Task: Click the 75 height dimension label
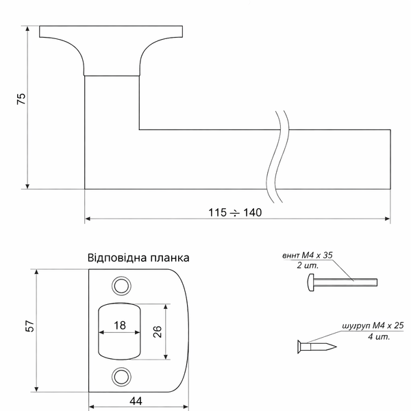coord(21,99)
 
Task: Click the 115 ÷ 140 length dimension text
coord(235,212)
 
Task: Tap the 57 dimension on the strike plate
coord(30,326)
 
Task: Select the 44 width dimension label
coord(136,401)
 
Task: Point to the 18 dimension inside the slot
coord(120,325)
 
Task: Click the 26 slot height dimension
coord(158,332)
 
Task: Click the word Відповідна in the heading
coord(117,258)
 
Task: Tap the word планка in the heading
coord(170,258)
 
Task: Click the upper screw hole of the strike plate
coord(121,286)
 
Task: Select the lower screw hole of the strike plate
coord(121,377)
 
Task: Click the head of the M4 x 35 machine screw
coord(310,282)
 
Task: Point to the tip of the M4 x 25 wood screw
coord(336,347)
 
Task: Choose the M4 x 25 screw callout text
coord(373,326)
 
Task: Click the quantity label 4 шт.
coord(379,336)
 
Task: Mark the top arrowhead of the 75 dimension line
coord(27,28)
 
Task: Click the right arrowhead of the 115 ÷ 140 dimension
coord(388,219)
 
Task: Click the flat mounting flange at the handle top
coord(111,32)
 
